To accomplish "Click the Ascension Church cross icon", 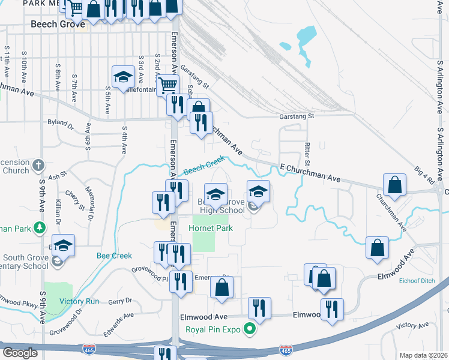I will tap(38, 164).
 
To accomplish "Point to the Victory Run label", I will tap(79, 301).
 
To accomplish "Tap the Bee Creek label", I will tap(114, 256).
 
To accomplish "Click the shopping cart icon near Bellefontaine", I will tap(167, 85).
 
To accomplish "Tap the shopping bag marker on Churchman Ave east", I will tap(395, 186).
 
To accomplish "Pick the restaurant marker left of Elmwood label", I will tap(259, 309).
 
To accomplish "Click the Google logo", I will tap(20, 352).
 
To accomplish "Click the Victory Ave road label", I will tap(413, 325).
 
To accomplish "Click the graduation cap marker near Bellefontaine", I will tap(123, 77).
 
